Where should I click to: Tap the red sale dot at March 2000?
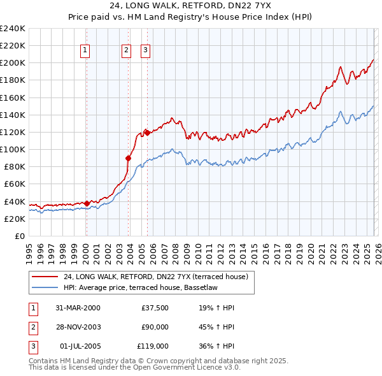click(x=87, y=203)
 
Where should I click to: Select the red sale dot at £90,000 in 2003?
click(x=129, y=158)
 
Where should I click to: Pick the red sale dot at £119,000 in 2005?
click(x=146, y=133)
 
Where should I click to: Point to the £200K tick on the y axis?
click(x=13, y=63)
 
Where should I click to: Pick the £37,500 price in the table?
click(x=155, y=308)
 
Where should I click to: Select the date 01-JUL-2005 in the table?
click(x=78, y=346)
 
